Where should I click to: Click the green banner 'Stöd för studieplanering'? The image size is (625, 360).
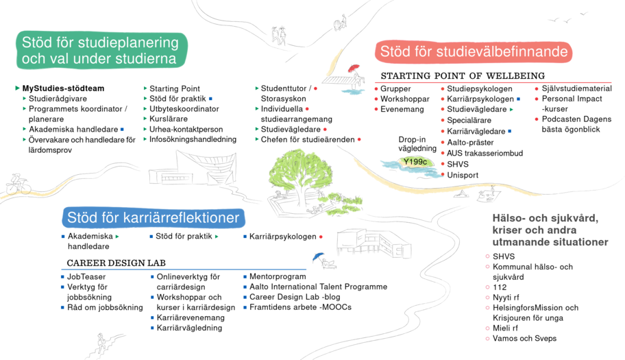click(101, 50)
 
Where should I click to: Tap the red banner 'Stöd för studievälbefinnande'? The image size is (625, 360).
click(474, 52)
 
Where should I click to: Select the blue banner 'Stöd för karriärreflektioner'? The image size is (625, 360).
click(154, 217)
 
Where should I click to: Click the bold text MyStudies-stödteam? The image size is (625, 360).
click(63, 88)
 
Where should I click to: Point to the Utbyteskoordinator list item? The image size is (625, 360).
click(184, 109)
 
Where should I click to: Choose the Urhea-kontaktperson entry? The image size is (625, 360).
click(186, 129)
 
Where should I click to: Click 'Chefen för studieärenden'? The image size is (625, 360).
click(308, 139)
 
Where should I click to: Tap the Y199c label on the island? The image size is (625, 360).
click(415, 162)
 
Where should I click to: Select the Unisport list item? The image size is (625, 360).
click(463, 175)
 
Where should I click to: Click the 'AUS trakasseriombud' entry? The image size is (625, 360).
click(485, 153)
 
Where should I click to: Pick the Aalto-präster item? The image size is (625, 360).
click(470, 143)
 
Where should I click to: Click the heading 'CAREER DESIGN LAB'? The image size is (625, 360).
click(116, 263)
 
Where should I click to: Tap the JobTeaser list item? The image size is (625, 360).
click(86, 276)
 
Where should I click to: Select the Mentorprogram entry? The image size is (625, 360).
click(278, 276)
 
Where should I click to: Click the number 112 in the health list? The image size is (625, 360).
click(500, 287)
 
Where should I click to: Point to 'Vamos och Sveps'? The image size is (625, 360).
click(524, 339)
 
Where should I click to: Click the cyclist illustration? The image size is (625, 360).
click(19, 184)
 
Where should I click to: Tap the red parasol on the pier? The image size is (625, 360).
click(353, 68)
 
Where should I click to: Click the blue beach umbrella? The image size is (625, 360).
click(319, 256)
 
